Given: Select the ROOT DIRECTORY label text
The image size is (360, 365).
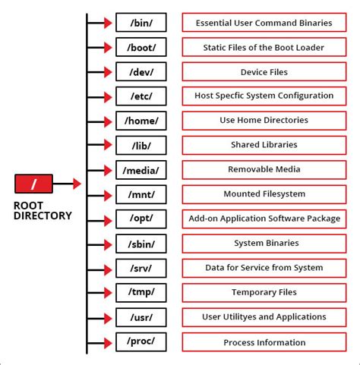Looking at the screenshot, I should click(x=43, y=210).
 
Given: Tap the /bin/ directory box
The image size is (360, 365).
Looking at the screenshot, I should click(x=141, y=23).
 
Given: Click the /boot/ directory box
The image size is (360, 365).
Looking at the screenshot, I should click(x=141, y=47).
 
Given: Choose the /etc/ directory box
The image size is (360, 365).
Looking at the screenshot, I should click(x=141, y=96).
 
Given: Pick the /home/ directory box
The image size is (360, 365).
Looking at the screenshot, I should click(x=141, y=121).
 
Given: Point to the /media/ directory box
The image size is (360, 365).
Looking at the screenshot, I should click(x=141, y=170).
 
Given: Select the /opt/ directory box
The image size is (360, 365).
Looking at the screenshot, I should click(x=141, y=219).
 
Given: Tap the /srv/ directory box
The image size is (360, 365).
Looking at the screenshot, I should click(x=141, y=268).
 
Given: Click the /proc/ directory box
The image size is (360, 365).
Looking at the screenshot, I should click(x=141, y=341).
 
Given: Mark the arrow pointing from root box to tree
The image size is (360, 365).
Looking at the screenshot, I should click(x=67, y=183).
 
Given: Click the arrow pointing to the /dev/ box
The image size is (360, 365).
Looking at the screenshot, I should click(x=100, y=72).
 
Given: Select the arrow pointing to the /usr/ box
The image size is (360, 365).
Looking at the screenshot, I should click(x=100, y=317).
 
